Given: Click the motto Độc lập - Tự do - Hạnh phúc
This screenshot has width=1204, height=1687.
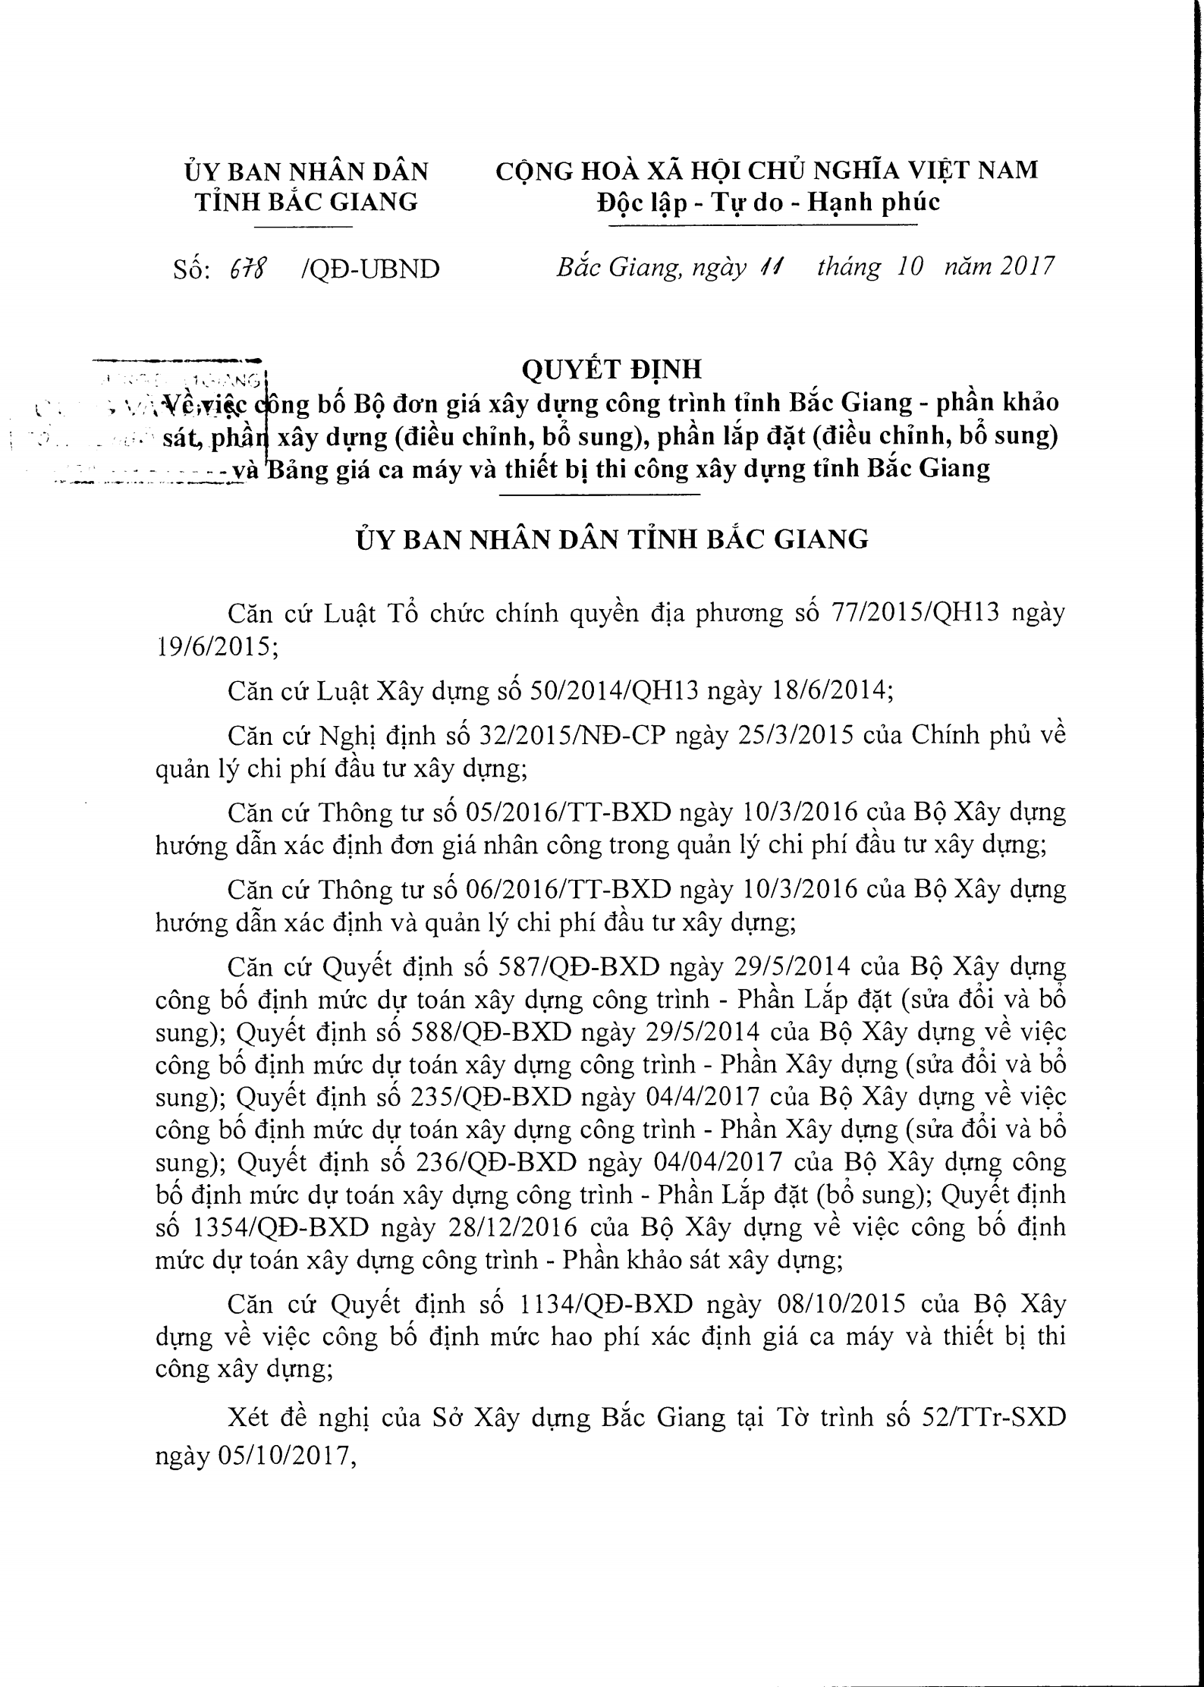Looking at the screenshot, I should point(768,202).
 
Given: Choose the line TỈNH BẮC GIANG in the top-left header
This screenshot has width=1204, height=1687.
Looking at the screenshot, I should point(307,202).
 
